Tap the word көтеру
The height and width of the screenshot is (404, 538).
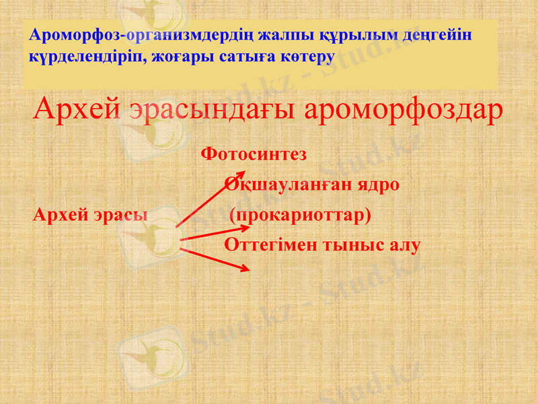click(x=307, y=56)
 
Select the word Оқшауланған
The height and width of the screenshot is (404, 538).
click(x=286, y=184)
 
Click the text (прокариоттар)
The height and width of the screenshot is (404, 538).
click(x=300, y=215)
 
